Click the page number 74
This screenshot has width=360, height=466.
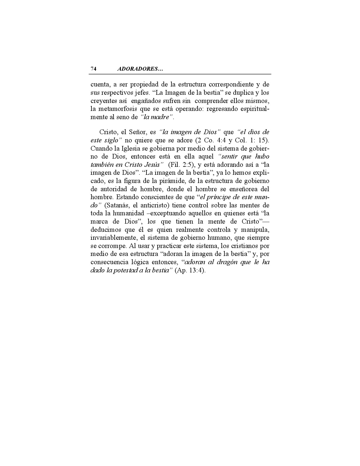pyautogui.click(x=94, y=69)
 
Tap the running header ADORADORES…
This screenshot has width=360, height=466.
pyautogui.click(x=140, y=69)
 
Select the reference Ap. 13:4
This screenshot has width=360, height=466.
pyautogui.click(x=190, y=270)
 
